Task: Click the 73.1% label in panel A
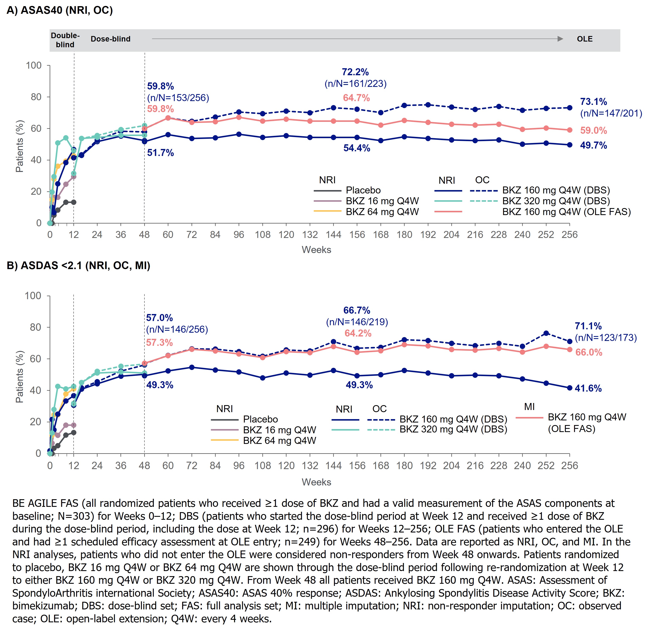coord(593,102)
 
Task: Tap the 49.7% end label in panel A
coord(593,146)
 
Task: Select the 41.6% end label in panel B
coord(588,388)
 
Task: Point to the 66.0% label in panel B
coord(589,352)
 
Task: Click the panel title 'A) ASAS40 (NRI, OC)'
coord(60,10)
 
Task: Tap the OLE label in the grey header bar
coord(585,39)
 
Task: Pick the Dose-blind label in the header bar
coord(110,39)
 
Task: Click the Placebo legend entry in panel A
coord(363,190)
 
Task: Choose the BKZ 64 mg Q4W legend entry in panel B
coord(280,441)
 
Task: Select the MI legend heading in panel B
coord(529,407)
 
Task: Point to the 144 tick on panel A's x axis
coord(333,235)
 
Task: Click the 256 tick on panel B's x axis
coord(570,466)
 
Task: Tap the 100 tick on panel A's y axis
coord(34,65)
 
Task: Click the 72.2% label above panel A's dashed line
coord(355,72)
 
